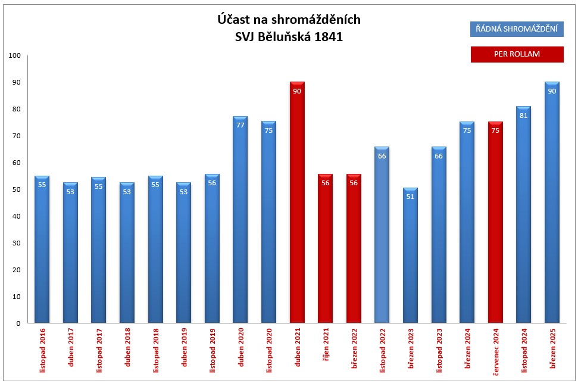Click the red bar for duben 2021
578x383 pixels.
pyautogui.click(x=297, y=203)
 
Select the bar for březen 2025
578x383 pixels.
pyautogui.click(x=552, y=203)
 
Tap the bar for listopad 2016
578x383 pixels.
pyautogui.click(x=42, y=250)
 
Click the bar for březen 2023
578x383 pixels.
pyautogui.click(x=410, y=256)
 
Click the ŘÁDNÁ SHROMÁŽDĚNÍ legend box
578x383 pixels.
pyautogui.click(x=516, y=29)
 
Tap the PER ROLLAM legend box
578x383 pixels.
pyautogui.click(x=516, y=54)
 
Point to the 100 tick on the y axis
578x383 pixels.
pyautogui.click(x=15, y=56)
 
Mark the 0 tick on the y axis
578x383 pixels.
pyautogui.click(x=18, y=323)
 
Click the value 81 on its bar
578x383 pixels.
pyautogui.click(x=524, y=116)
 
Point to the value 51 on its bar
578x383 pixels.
pyautogui.click(x=410, y=197)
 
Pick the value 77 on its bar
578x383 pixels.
pyautogui.click(x=240, y=126)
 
